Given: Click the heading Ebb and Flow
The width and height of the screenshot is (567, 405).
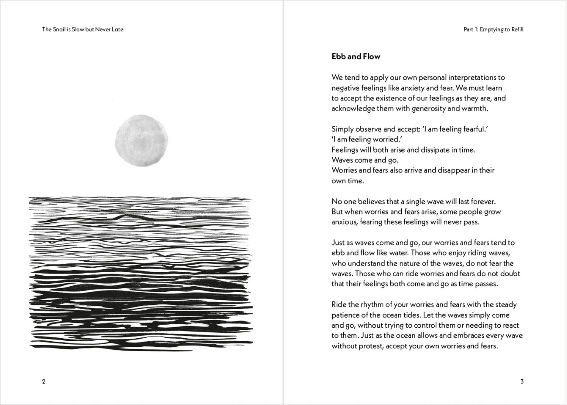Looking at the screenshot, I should pos(356,56).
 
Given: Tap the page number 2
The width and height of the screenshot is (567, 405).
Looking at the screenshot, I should pos(44,381).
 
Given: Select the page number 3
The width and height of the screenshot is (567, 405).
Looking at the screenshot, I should pos(522,381).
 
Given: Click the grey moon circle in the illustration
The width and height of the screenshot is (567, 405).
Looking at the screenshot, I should pos(141,141).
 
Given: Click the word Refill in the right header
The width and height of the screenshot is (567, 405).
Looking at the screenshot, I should pos(515,30).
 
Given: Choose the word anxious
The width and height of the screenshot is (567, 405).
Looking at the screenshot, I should pos(345,222).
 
